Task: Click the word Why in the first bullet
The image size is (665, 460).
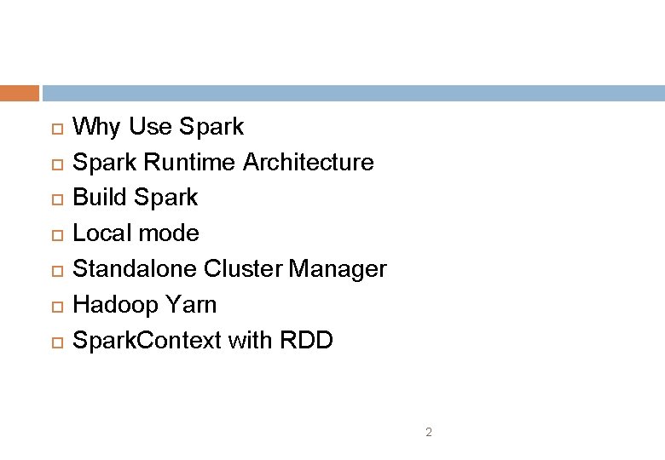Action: pyautogui.click(x=97, y=127)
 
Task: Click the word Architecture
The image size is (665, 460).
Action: pyautogui.click(x=308, y=162)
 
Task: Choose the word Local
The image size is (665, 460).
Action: pyautogui.click(x=101, y=233)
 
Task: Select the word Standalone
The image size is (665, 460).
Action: pyautogui.click(x=135, y=269)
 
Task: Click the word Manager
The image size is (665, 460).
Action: pyautogui.click(x=338, y=269)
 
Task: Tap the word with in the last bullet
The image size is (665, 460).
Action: pyautogui.click(x=249, y=341)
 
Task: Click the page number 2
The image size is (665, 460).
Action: pyautogui.click(x=429, y=433)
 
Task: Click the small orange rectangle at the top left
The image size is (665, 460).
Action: pyautogui.click(x=20, y=93)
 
